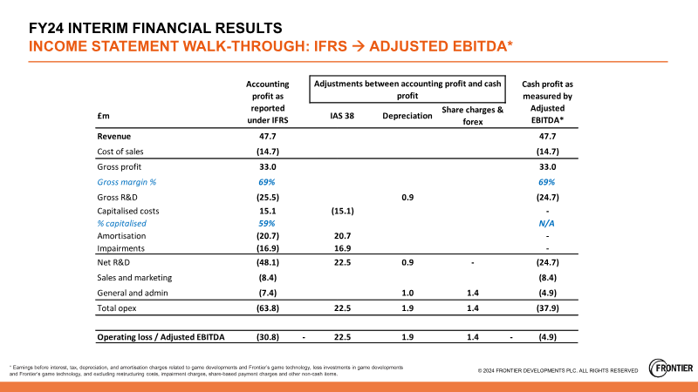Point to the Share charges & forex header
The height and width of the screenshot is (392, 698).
472,116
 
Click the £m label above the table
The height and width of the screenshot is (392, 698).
102,116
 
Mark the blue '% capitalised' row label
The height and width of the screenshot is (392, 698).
122,223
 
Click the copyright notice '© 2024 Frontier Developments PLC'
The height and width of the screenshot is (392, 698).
558,370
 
